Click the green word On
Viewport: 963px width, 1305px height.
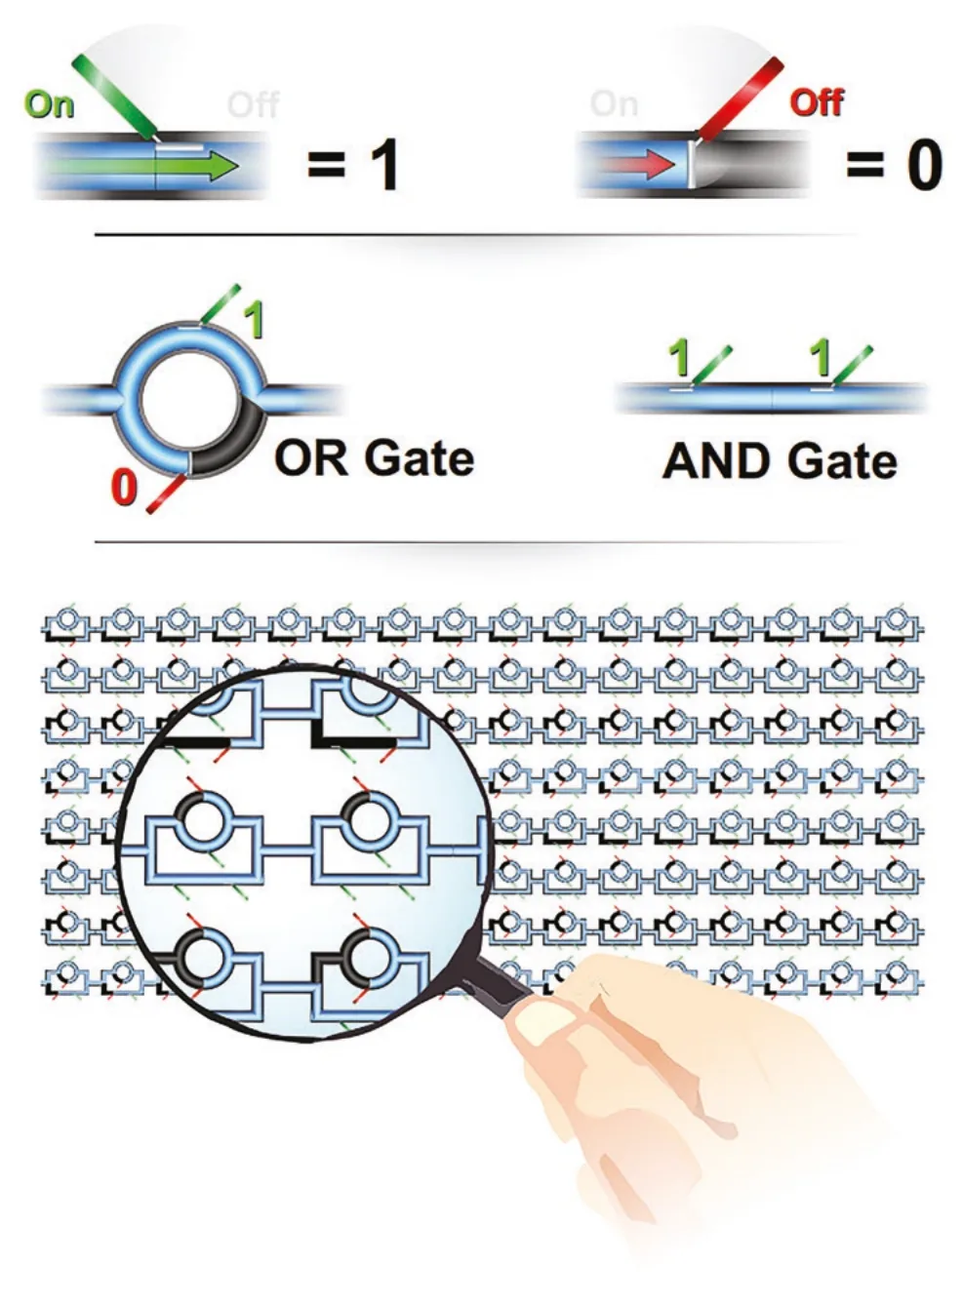point(50,105)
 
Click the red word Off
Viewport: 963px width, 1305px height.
point(817,103)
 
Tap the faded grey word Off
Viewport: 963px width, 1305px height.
point(253,105)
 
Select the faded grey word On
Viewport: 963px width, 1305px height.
point(614,103)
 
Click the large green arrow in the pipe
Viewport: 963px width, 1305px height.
point(140,166)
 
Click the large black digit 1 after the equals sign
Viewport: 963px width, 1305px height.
point(381,165)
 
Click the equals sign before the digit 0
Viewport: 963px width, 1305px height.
point(865,164)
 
